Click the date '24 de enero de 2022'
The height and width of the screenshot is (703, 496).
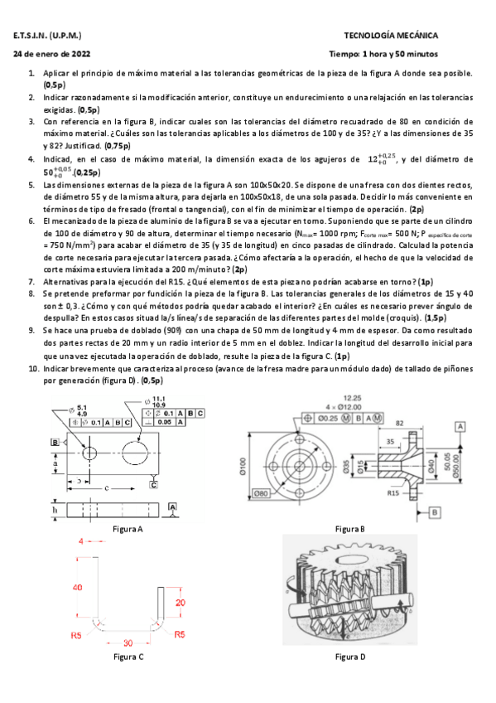coord(52,54)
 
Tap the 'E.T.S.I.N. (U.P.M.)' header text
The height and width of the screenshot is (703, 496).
coord(48,36)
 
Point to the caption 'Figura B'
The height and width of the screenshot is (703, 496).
coord(350,528)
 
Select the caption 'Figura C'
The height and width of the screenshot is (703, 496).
coord(128,656)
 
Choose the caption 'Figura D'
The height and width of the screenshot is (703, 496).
coord(350,656)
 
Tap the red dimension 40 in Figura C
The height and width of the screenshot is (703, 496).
coord(76,586)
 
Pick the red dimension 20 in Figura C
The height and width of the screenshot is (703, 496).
coord(180,603)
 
